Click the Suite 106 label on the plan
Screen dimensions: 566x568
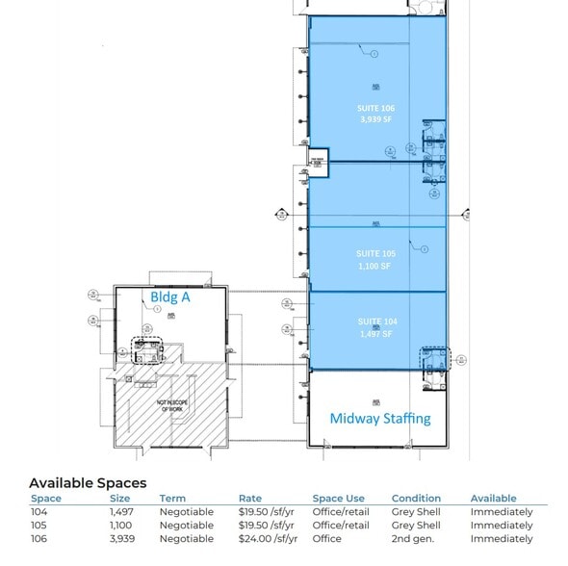(375, 109)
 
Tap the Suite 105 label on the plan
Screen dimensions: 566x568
(375, 254)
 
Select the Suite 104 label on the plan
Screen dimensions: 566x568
(375, 322)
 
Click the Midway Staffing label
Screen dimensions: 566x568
(380, 419)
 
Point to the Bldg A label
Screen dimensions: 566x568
(170, 298)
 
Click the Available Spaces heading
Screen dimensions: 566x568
(88, 482)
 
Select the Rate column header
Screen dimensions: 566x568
(249, 499)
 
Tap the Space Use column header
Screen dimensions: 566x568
(338, 499)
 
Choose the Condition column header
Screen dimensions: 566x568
(416, 499)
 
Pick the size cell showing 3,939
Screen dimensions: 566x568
(120, 539)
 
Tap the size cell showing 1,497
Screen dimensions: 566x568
(120, 512)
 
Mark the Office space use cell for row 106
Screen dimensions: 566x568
(327, 539)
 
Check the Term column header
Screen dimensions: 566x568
(172, 499)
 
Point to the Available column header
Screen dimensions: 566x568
(493, 499)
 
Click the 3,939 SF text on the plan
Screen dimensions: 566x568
(375, 120)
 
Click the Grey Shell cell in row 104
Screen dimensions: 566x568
(416, 512)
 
